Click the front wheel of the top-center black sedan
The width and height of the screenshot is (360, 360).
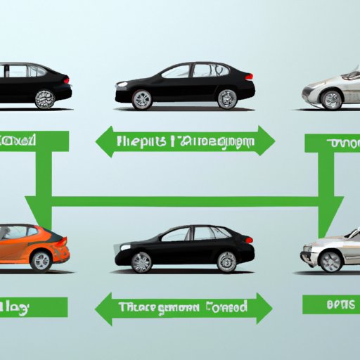click(143, 99)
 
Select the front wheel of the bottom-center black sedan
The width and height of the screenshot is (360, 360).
click(142, 262)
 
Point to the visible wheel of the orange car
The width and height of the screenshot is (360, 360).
click(41, 261)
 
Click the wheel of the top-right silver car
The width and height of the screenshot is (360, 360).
click(330, 99)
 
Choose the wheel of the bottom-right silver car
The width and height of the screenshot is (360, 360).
click(330, 261)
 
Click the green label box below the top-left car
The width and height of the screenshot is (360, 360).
click(34, 141)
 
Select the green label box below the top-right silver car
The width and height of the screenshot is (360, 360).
click(332, 143)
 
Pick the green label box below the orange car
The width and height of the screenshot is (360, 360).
click(34, 307)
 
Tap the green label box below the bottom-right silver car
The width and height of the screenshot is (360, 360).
click(331, 305)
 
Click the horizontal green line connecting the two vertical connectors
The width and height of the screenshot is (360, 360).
click(183, 202)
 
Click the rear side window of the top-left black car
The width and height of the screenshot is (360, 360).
click(35, 71)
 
